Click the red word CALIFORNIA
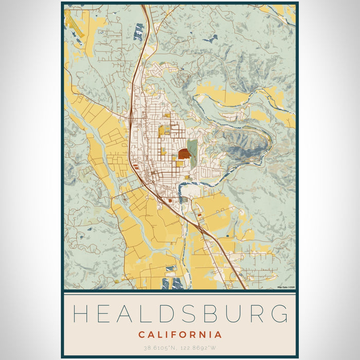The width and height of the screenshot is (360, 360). [180, 335]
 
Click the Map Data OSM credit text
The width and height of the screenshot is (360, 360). [286, 287]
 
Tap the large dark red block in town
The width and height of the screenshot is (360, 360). [184, 153]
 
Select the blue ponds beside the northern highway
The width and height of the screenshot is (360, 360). [139, 32]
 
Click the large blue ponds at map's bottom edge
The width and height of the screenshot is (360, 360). [172, 283]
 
